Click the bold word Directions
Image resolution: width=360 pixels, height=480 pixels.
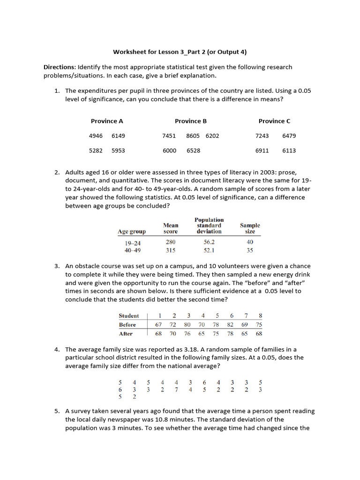coord(60,67)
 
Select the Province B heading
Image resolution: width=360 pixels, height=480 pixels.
coord(191,121)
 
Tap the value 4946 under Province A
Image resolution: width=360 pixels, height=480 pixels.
coord(96,136)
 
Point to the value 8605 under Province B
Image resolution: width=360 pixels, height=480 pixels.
coord(193,136)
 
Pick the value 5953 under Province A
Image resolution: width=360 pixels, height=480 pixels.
coord(118,151)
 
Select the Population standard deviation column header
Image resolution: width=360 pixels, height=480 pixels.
coord(209,225)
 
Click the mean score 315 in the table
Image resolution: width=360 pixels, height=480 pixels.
coord(171,250)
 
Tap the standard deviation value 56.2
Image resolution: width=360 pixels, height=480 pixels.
coord(209,242)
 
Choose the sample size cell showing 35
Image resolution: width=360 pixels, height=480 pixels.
coord(250,250)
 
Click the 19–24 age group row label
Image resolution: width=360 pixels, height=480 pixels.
coord(132,243)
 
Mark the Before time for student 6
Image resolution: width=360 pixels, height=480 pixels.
coord(230,325)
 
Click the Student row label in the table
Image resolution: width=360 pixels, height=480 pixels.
coord(128,316)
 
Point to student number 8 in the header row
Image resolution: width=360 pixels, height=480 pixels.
coord(260,316)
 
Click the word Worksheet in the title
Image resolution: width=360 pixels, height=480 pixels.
coord(129,52)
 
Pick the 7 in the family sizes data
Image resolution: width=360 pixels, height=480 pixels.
coord(176,390)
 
